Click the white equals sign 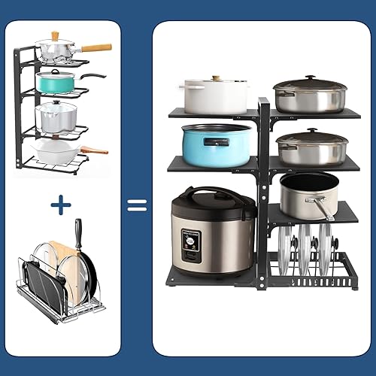136,205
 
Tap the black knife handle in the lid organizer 78,232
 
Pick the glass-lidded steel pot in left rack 57,117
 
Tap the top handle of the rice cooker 212,194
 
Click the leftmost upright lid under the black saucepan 283,252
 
